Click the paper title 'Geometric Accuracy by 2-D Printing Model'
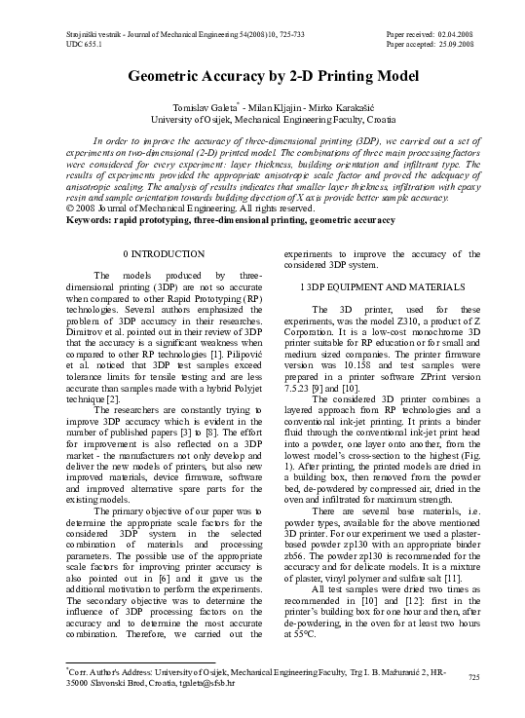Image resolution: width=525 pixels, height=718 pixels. (262, 79)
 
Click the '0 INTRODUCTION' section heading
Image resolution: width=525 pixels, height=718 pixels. (154, 253)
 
